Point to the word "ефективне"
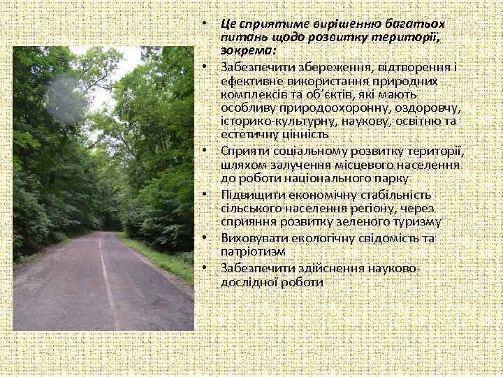248,81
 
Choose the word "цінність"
302,134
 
